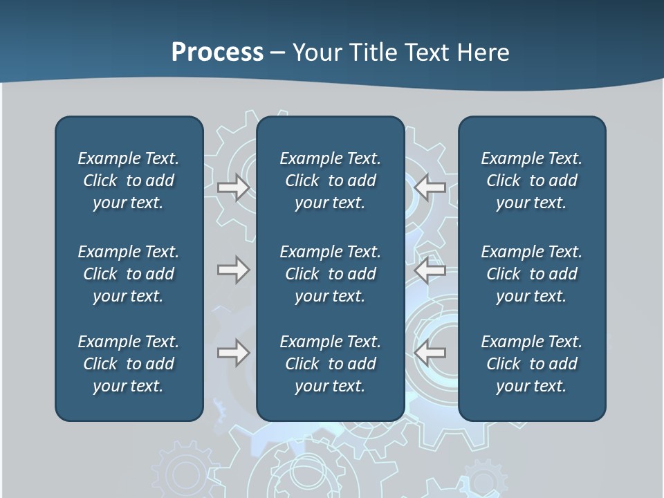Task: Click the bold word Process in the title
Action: tap(217, 53)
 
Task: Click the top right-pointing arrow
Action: tap(233, 187)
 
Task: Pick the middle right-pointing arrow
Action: tap(233, 270)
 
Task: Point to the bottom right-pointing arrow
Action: tap(233, 353)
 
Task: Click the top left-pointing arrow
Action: tap(430, 187)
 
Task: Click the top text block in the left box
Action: tap(129, 181)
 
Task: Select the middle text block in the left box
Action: tap(129, 274)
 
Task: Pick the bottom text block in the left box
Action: tap(129, 364)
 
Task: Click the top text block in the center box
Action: tap(330, 181)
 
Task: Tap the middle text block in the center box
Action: tap(330, 274)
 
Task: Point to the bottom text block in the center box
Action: tap(330, 364)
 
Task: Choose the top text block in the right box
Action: tap(531, 181)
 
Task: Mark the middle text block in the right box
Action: tap(531, 274)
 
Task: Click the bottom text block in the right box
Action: tap(531, 364)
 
